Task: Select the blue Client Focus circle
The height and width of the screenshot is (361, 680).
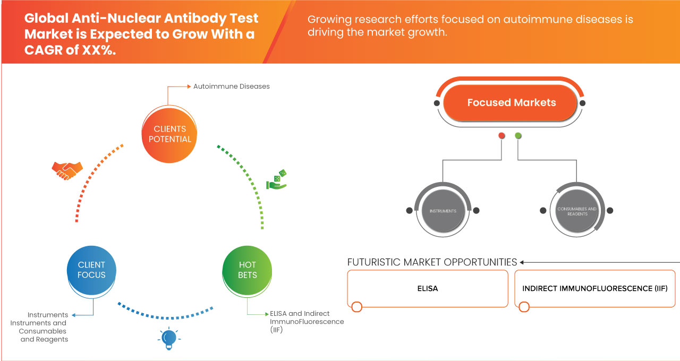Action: point(92,270)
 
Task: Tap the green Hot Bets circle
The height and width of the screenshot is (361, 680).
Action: point(248,270)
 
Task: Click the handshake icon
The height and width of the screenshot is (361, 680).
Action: point(67,170)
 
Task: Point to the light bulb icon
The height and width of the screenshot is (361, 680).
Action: point(168,338)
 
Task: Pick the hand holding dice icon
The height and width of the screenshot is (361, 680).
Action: point(276,180)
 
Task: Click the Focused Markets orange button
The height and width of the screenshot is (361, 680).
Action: point(511,103)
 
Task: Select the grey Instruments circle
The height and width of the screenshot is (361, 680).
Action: point(443,211)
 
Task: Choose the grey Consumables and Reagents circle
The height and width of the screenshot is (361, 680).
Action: point(577,211)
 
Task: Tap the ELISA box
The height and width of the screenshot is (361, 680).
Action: point(427,289)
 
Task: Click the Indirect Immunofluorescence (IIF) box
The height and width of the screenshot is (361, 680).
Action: point(594,289)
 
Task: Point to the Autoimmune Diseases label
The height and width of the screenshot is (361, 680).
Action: point(231,86)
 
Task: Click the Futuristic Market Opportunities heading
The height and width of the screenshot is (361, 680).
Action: point(432,262)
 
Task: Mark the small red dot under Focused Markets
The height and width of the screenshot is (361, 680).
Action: point(501,136)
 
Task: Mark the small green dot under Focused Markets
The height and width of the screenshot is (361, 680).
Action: point(518,136)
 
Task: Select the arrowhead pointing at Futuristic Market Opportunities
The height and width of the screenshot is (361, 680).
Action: point(522,262)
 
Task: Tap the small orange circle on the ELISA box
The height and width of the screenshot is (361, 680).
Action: point(356,307)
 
